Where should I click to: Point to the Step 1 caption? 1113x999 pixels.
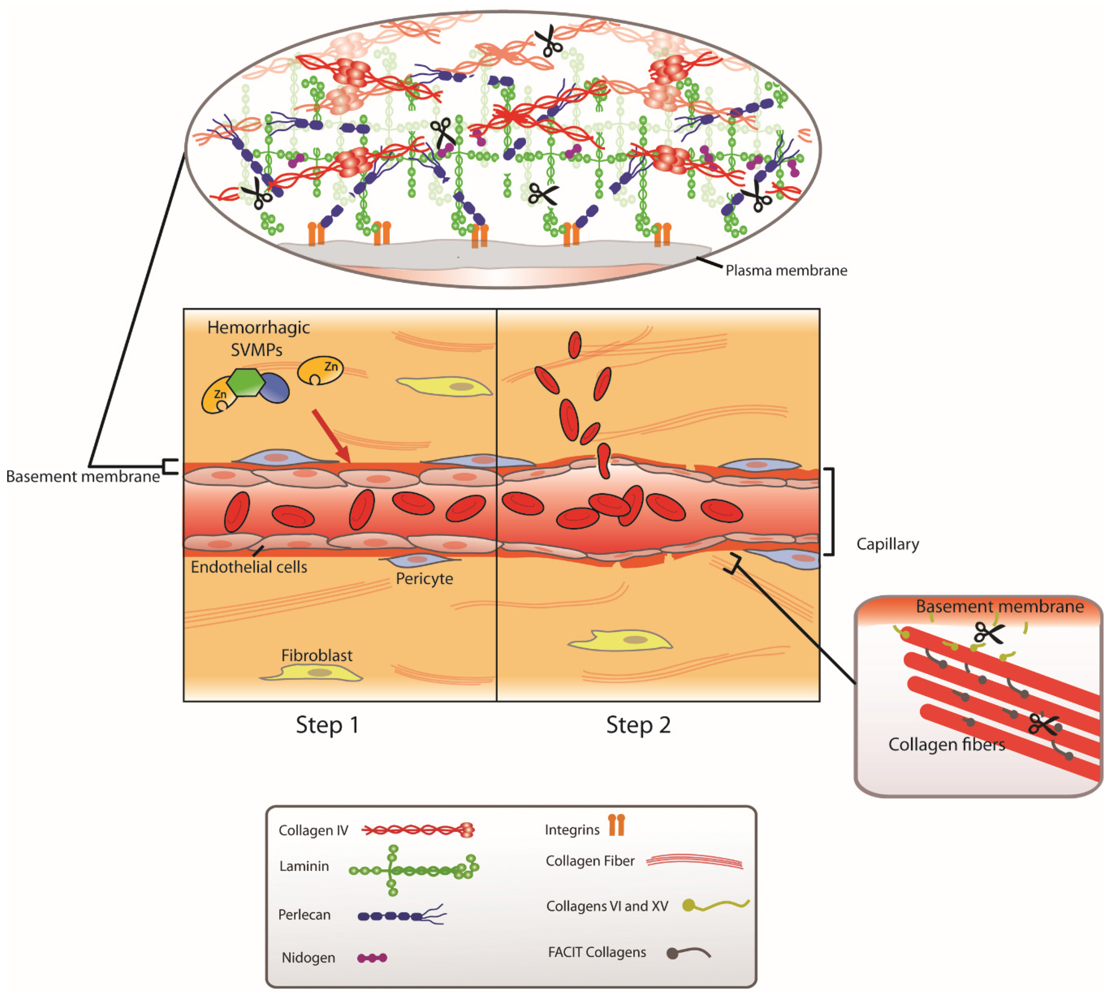(327, 724)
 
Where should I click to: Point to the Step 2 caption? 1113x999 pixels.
(638, 724)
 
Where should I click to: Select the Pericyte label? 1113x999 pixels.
(425, 578)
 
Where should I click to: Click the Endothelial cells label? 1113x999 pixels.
(249, 567)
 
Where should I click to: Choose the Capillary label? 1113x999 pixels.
(887, 544)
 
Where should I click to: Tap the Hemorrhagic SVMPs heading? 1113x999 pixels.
(258, 338)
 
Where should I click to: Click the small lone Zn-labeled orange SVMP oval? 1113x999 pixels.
(320, 370)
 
